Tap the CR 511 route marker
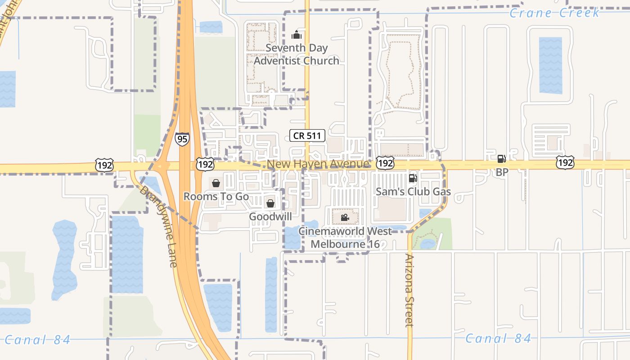[307, 135]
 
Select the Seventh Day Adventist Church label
[297, 54]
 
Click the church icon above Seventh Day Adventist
[297, 35]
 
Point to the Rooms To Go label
[216, 197]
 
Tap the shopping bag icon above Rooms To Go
[216, 183]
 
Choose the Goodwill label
[270, 216]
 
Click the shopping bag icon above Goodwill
[270, 203]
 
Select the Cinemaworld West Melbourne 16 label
[345, 238]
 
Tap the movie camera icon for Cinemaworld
[345, 218]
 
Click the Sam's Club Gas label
[413, 192]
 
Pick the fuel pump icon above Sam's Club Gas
[413, 178]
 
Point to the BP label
[502, 172]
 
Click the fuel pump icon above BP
[501, 158]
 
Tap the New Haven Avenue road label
[318, 164]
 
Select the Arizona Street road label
[409, 290]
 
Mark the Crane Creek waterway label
[554, 13]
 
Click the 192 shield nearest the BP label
[564, 162]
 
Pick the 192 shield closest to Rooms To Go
[205, 164]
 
